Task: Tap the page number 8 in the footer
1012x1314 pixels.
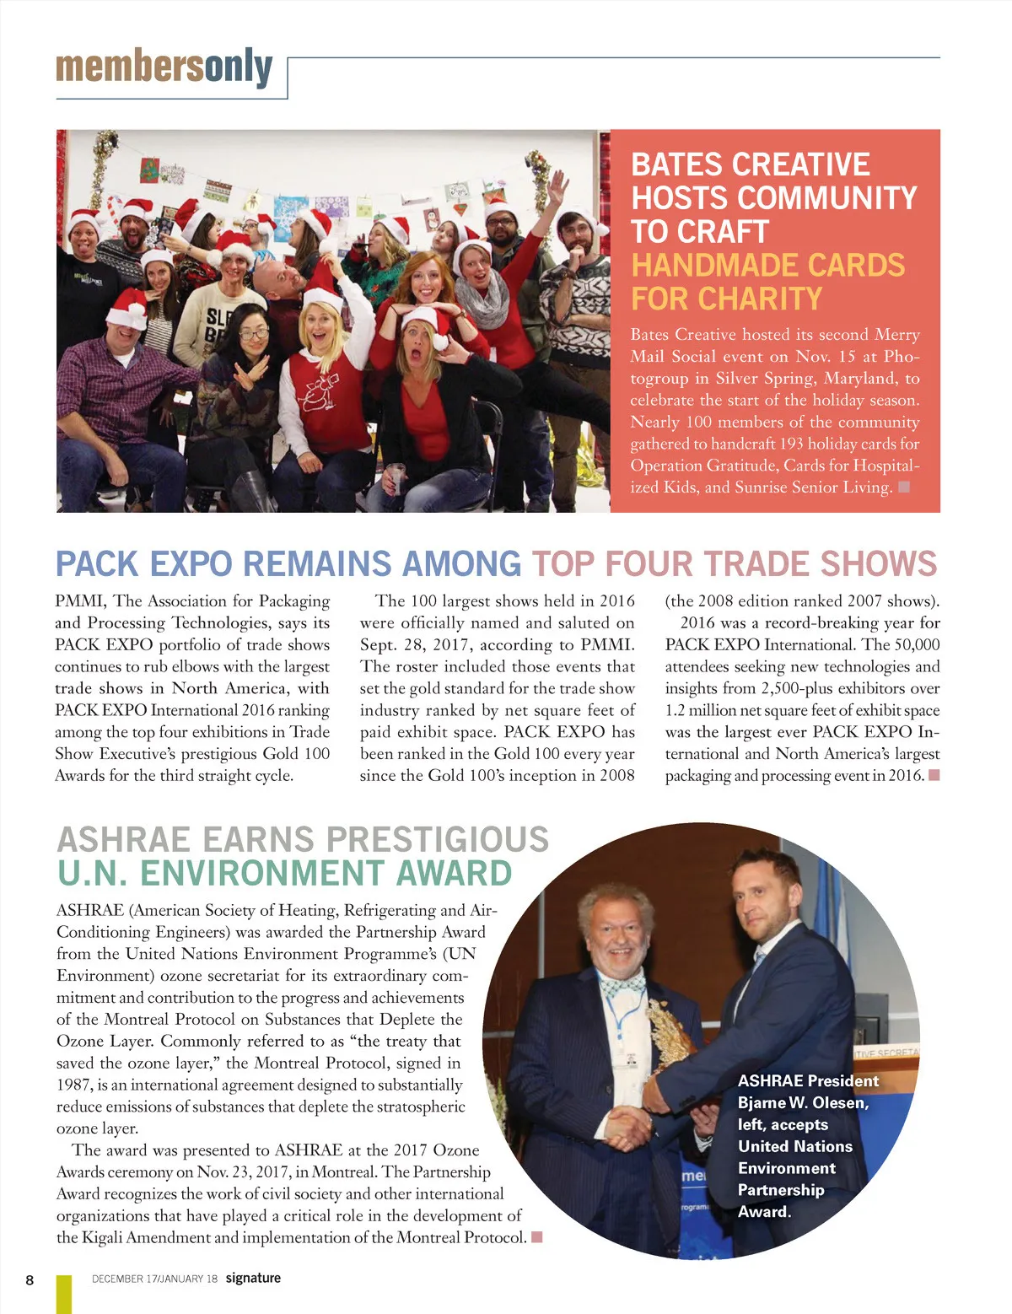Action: tap(30, 1279)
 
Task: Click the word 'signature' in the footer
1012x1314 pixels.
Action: tap(253, 1278)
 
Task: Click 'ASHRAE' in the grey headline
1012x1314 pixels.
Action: tap(123, 840)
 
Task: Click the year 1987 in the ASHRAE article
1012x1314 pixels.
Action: tap(73, 1085)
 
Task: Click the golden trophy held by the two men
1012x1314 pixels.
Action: tap(671, 1037)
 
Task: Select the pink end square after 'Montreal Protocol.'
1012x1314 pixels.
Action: tap(536, 1237)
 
